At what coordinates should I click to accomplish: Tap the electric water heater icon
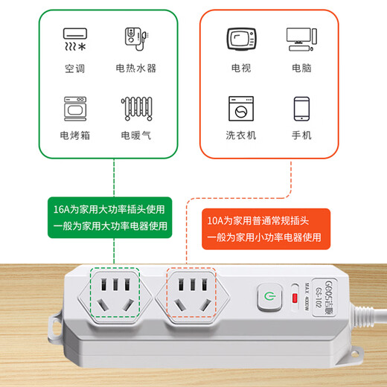click(135, 42)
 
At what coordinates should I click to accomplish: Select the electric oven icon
click(74, 108)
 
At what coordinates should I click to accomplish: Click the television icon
click(240, 41)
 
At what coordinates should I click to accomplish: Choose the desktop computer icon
click(301, 40)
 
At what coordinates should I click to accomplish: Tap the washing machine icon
click(240, 109)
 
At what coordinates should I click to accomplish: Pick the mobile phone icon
click(301, 109)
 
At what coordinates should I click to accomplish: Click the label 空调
click(74, 69)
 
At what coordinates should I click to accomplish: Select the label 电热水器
click(135, 69)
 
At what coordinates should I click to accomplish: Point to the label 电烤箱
click(74, 136)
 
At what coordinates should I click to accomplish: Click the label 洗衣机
click(240, 136)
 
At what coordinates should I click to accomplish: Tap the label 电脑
click(301, 69)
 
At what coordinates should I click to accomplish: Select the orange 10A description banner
click(265, 228)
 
